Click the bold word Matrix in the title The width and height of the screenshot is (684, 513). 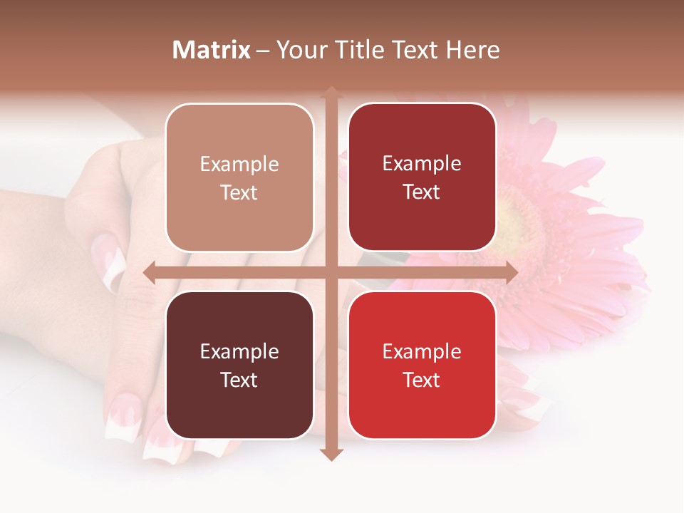coord(212,50)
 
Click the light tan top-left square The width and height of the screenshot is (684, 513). coord(239,177)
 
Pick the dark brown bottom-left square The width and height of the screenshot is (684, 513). coord(239,365)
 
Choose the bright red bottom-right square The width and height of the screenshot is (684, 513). coord(422,365)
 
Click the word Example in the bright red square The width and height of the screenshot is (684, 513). coord(422,351)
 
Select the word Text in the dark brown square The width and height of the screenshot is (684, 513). coord(239,380)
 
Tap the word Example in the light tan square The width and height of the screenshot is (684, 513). coord(239,164)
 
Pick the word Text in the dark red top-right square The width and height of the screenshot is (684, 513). coord(422,192)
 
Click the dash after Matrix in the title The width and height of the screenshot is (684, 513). coord(263,51)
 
